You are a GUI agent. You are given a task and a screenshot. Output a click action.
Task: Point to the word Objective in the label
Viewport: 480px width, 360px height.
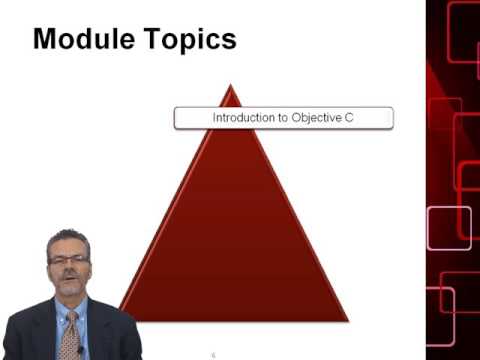pos(317,118)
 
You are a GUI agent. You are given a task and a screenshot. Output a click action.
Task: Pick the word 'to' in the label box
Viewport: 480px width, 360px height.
pos(283,118)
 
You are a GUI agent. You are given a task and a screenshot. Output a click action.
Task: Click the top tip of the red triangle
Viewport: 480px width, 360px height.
pos(231,87)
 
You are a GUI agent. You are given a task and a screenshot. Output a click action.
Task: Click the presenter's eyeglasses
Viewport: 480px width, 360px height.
pos(68,260)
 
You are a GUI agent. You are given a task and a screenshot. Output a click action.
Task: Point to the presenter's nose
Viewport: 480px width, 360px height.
pos(68,268)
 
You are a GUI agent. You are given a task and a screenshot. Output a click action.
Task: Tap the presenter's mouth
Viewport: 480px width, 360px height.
pos(68,279)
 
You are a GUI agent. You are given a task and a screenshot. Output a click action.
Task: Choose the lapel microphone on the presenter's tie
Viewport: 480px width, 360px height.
pos(80,349)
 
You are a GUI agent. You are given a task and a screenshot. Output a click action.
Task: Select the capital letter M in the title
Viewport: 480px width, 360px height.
pos(46,39)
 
